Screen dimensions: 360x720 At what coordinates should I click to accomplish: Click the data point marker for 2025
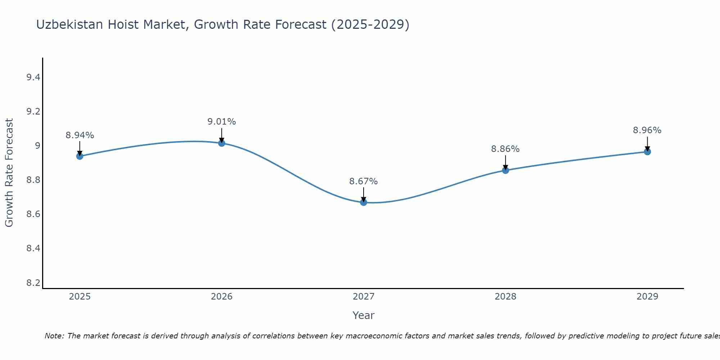[80, 156]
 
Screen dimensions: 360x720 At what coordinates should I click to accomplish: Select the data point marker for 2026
[221, 143]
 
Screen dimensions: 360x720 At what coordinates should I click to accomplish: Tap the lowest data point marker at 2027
[364, 202]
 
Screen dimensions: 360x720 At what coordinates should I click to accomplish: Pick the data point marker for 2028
[505, 170]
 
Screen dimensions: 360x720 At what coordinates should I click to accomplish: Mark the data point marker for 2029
[647, 152]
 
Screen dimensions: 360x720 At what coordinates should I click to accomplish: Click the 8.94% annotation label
[80, 135]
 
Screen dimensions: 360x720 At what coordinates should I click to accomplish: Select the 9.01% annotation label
[221, 122]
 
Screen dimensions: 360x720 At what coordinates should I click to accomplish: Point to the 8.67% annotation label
[364, 181]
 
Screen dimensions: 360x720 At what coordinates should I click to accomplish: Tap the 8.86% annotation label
[505, 149]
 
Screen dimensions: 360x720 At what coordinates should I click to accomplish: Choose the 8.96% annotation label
[647, 130]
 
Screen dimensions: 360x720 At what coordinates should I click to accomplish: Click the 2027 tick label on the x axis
[364, 297]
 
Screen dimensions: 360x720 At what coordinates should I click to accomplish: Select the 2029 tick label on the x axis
[647, 297]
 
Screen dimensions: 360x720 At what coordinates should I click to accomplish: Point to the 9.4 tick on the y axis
[33, 77]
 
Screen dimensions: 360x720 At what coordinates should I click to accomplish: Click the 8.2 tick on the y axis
[33, 283]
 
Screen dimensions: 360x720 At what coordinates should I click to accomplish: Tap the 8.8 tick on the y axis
[33, 180]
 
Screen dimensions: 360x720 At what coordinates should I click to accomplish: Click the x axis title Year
[364, 315]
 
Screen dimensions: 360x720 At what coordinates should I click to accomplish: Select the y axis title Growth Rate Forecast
[9, 173]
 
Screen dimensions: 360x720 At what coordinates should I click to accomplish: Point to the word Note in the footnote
[54, 336]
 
